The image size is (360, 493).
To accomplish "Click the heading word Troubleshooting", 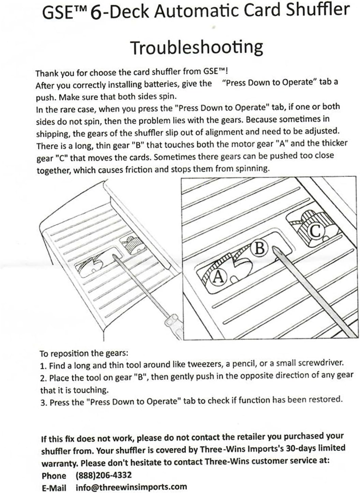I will click(197, 48).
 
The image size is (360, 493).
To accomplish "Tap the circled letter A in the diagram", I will click(219, 277).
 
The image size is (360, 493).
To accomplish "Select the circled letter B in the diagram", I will click(260, 248).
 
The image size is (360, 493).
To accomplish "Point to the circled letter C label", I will click(315, 231).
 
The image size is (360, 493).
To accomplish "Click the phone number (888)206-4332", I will click(103, 475).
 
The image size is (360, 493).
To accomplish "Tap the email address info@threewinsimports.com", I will click(131, 487).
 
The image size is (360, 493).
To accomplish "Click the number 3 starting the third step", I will click(43, 402).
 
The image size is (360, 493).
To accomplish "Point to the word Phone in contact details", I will click(54, 476).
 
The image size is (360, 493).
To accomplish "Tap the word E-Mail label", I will click(54, 488).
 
